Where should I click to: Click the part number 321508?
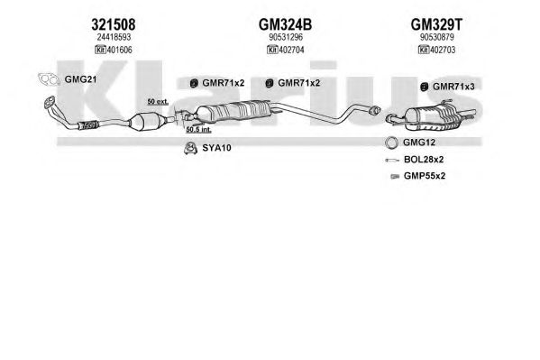[x=114, y=24]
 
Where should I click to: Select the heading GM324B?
[x=285, y=24]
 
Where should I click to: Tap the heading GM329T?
[x=436, y=24]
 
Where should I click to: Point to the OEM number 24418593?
[x=114, y=37]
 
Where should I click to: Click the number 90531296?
[x=286, y=37]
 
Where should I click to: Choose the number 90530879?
[x=436, y=37]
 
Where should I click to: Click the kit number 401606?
[x=119, y=50]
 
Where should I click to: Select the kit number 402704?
[x=291, y=50]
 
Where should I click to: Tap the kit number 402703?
[x=443, y=50]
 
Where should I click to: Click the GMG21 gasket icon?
[x=49, y=79]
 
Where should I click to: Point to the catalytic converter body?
[x=141, y=122]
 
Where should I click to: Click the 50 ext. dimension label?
[x=158, y=102]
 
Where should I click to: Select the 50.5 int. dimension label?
[x=198, y=130]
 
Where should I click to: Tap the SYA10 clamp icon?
[x=189, y=148]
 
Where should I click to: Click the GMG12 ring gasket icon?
[x=391, y=143]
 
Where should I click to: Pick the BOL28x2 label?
[x=424, y=160]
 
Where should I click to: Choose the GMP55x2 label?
[x=425, y=176]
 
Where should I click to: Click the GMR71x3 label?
[x=453, y=87]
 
